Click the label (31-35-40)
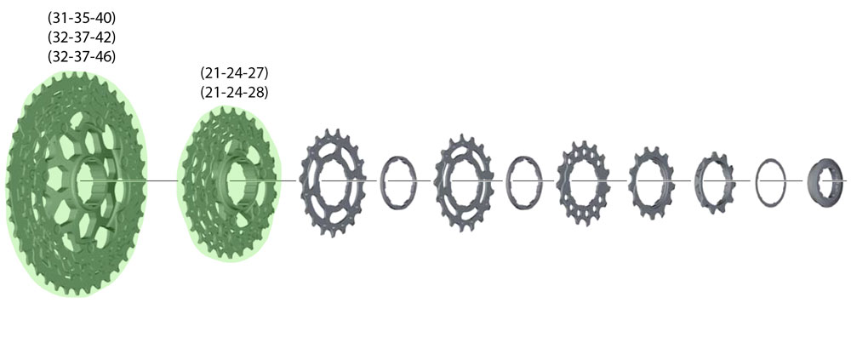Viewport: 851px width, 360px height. coord(82,19)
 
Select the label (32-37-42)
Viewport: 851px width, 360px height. coord(82,38)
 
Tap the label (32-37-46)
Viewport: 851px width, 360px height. coord(82,56)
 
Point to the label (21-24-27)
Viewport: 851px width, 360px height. coord(235,73)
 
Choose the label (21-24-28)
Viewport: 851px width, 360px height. coord(235,92)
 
